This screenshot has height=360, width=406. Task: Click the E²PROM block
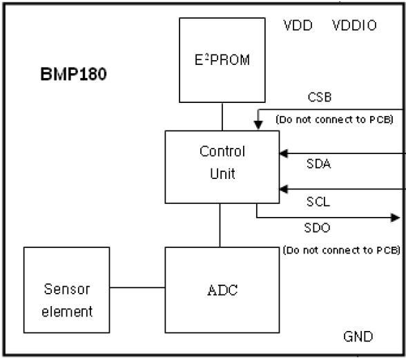[222, 60]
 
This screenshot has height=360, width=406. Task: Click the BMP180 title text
[72, 75]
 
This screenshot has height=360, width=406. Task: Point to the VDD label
[298, 26]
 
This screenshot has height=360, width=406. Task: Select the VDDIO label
[354, 26]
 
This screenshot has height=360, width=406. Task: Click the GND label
[358, 337]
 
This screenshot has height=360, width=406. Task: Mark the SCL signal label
[320, 202]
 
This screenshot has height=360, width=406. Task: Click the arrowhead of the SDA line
[283, 153]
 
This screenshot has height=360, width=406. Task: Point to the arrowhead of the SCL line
[283, 188]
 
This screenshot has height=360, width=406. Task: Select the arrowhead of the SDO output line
[395, 218]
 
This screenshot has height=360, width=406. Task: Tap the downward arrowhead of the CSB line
[257, 125]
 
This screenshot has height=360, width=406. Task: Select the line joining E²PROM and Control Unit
[222, 115]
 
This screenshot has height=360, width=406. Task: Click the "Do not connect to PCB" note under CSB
[334, 119]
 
